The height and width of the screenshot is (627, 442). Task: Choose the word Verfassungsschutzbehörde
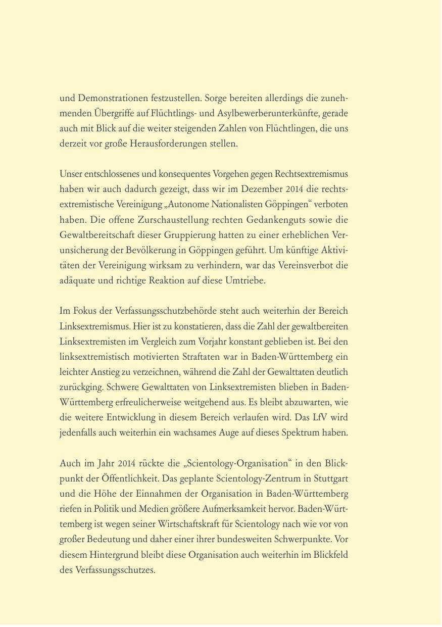[162, 311]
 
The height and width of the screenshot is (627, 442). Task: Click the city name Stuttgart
[330, 478]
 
